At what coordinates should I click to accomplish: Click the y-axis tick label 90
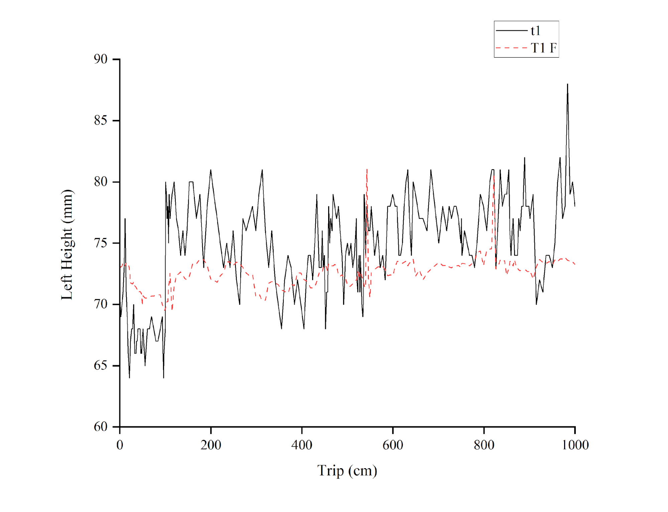click(101, 59)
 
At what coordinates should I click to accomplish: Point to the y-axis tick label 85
click(101, 120)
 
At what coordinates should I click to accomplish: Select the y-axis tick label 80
click(101, 182)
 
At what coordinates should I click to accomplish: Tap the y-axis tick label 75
click(101, 243)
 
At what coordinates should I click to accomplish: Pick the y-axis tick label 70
click(101, 304)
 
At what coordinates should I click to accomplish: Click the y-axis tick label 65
click(101, 365)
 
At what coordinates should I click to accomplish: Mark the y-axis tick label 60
click(101, 426)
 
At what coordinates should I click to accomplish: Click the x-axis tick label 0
click(120, 445)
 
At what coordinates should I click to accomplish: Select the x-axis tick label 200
click(211, 445)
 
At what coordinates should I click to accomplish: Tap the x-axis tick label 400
click(302, 445)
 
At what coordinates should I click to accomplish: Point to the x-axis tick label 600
click(393, 445)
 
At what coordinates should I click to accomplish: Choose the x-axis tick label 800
click(484, 445)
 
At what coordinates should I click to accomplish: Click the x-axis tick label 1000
click(575, 445)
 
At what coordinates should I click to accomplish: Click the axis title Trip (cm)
click(347, 471)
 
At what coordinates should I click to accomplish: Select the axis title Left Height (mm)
click(67, 244)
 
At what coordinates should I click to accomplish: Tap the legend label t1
click(535, 31)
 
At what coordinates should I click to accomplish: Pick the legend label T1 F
click(544, 48)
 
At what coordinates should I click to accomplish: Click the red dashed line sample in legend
click(511, 48)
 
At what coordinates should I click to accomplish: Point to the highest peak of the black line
click(567, 84)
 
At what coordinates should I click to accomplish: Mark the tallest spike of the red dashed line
click(367, 170)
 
